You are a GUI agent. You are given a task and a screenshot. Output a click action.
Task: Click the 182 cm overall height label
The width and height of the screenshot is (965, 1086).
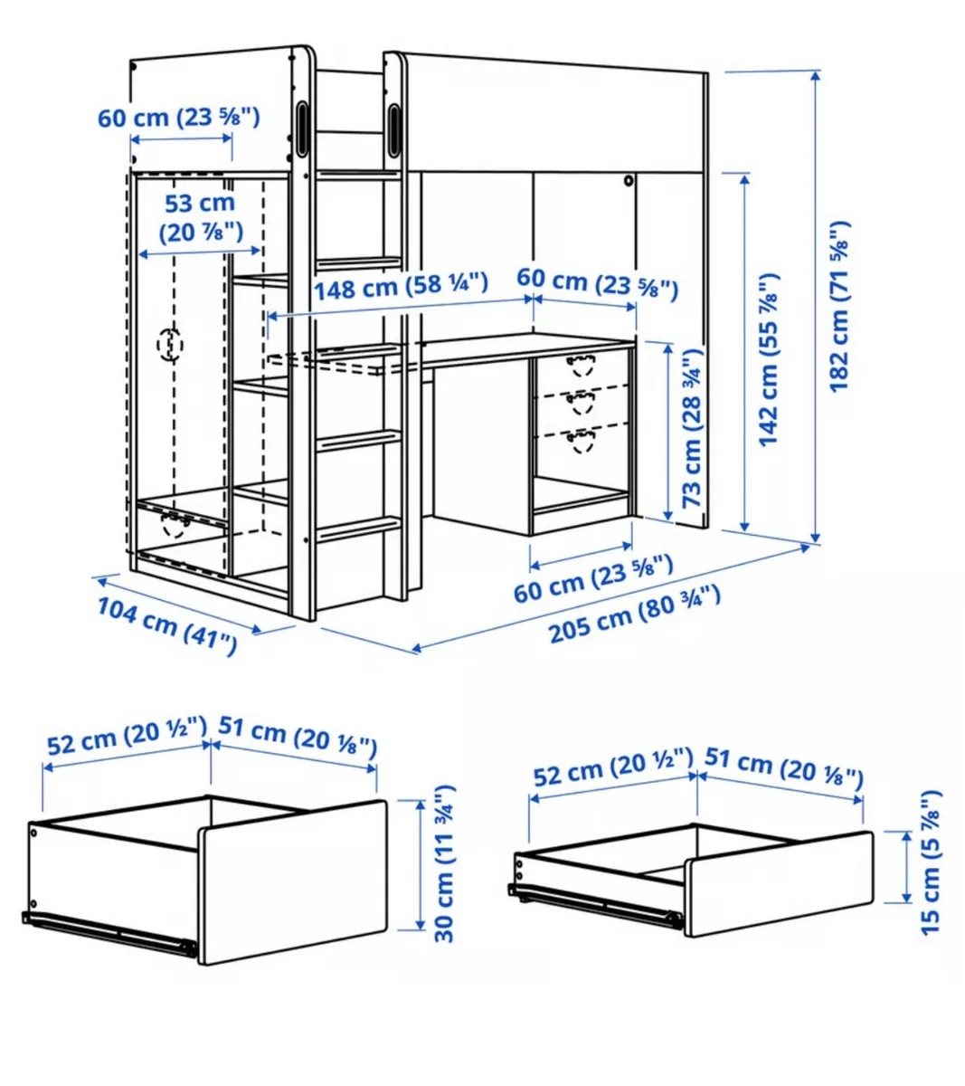coord(840,306)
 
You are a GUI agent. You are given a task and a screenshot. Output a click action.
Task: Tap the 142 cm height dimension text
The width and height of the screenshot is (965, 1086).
coord(769,358)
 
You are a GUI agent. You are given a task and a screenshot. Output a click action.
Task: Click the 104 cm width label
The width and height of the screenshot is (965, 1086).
coord(167,626)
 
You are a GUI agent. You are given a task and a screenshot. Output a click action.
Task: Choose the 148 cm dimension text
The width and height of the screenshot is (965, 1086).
coord(401,287)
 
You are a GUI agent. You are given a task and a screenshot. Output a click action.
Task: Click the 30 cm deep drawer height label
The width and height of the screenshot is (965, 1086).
coord(444,865)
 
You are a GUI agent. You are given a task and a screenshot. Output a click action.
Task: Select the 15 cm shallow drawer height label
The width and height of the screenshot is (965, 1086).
coord(929,862)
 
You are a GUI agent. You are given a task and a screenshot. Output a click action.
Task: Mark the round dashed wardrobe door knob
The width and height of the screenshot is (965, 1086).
coord(170,345)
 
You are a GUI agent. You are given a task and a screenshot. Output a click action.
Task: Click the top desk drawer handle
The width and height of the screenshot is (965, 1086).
coord(580,365)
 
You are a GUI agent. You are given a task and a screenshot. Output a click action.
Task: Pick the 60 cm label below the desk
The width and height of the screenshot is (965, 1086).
coord(593,579)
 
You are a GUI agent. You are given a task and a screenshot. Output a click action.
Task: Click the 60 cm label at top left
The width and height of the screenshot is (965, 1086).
coord(179,117)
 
